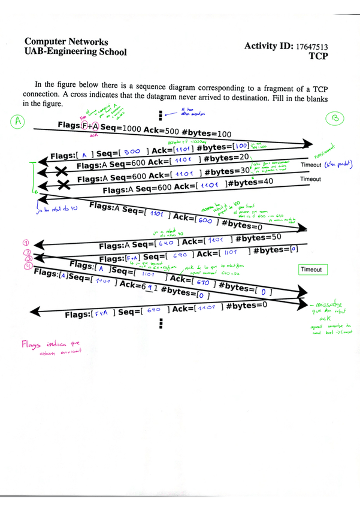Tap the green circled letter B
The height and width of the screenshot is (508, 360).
335,120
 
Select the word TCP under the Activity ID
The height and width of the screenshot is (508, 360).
320,57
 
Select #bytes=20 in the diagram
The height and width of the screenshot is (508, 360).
228,157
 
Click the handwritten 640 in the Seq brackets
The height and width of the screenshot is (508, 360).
167,243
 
